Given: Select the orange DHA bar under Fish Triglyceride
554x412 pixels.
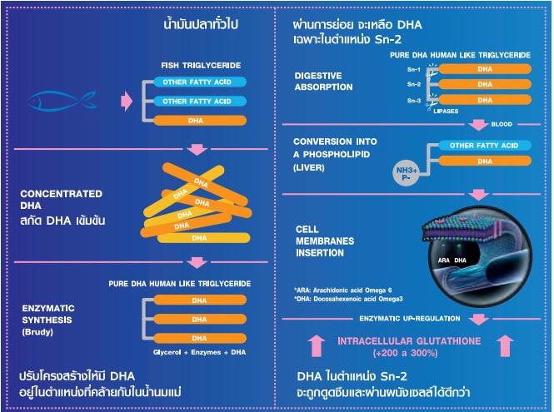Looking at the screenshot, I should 197,121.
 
